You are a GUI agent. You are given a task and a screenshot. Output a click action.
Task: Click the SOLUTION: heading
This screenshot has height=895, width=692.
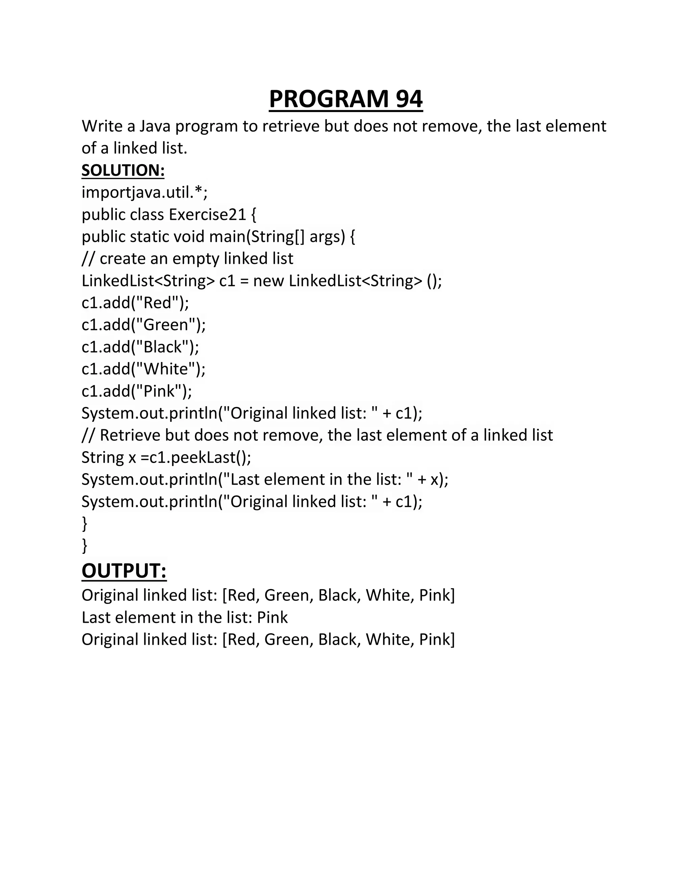(123, 171)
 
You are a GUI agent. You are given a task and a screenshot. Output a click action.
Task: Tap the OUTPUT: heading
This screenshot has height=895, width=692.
(124, 571)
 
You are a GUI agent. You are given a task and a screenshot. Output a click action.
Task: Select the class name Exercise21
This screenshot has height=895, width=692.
(207, 215)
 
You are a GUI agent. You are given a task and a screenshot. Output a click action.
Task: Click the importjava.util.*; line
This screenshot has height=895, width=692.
(144, 193)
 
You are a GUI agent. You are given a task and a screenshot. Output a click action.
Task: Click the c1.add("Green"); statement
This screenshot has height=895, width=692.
(144, 325)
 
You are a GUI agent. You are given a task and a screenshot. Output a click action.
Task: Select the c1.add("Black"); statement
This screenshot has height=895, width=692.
(140, 347)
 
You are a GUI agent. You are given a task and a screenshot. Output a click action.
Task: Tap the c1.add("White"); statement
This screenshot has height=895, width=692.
(144, 369)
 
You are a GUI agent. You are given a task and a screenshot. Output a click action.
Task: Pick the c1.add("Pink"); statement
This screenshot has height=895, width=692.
(137, 391)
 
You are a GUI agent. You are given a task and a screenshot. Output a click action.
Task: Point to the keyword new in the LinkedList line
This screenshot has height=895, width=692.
(268, 281)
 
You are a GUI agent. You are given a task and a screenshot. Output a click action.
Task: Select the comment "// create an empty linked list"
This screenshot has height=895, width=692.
(187, 259)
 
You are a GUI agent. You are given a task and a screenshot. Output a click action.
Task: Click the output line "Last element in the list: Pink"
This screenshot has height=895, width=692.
(184, 618)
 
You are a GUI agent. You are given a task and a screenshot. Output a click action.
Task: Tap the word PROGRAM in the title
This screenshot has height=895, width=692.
(328, 99)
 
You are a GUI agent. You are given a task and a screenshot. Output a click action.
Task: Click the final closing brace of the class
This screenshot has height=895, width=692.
(84, 546)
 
